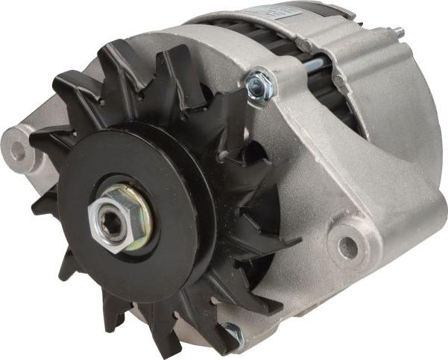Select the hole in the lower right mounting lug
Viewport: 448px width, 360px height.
[x=347, y=247]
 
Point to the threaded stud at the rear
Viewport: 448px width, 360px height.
[x=398, y=34]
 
